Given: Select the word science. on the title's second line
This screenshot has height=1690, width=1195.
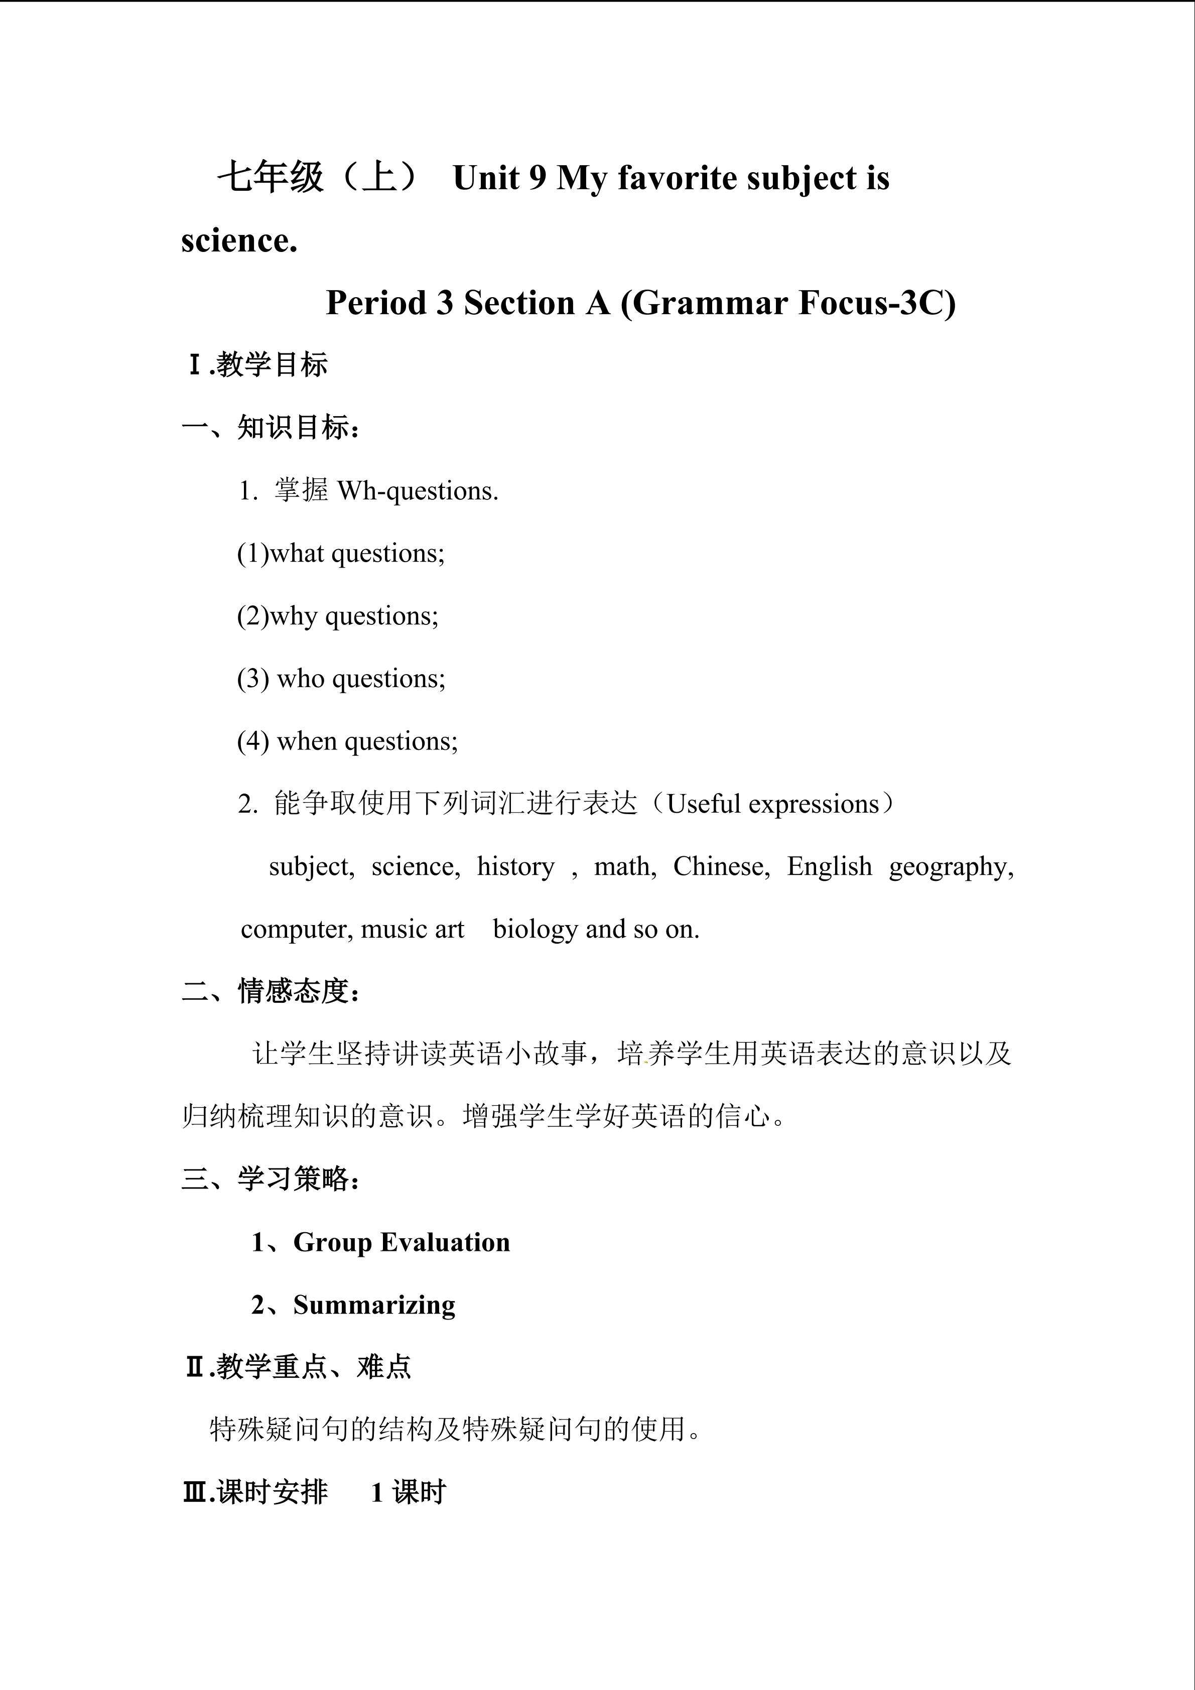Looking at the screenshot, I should tap(239, 241).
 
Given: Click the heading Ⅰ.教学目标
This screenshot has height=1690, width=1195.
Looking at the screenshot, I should tap(257, 365).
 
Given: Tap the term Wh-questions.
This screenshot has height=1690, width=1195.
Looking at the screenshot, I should tap(417, 491).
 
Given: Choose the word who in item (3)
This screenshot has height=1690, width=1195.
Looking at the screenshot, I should tap(300, 679).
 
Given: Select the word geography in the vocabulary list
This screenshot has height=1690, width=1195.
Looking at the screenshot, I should tap(950, 867).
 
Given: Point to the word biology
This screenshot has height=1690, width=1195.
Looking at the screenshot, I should tap(535, 930).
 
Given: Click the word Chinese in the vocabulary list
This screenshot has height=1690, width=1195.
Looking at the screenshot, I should tap(720, 867).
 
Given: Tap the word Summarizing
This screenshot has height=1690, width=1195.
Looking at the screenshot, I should tap(374, 1305).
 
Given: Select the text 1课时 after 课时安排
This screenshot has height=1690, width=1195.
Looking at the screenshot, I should tap(409, 1493).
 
